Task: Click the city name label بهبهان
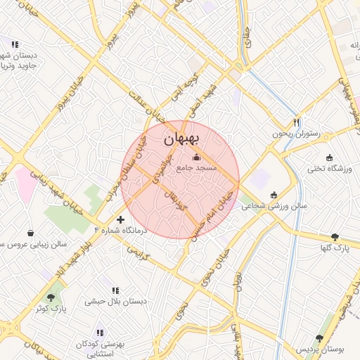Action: (181, 140)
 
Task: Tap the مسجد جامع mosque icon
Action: (195, 157)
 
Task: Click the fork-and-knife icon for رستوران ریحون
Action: (297, 121)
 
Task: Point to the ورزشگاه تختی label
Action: (329, 169)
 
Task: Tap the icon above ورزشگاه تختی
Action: (329, 157)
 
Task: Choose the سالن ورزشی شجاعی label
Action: (274, 207)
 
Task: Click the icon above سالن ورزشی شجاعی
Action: (274, 195)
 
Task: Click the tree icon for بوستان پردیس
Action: (320, 338)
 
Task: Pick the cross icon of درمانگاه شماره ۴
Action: (121, 220)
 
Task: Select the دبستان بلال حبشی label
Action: (116, 301)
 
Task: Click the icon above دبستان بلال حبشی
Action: (115, 290)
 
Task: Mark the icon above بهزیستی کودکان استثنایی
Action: (99, 332)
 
